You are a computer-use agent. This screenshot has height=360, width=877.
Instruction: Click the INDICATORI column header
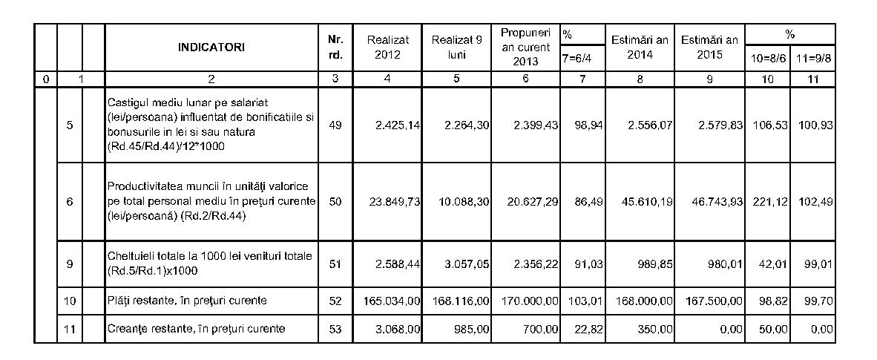pyautogui.click(x=211, y=48)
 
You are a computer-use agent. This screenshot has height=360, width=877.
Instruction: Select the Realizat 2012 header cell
pyautogui.click(x=387, y=48)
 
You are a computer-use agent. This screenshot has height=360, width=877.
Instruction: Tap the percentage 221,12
pyautogui.click(x=767, y=201)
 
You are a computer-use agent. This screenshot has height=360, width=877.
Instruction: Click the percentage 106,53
pyautogui.click(x=767, y=125)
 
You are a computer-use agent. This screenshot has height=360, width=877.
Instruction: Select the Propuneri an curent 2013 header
pyautogui.click(x=525, y=48)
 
